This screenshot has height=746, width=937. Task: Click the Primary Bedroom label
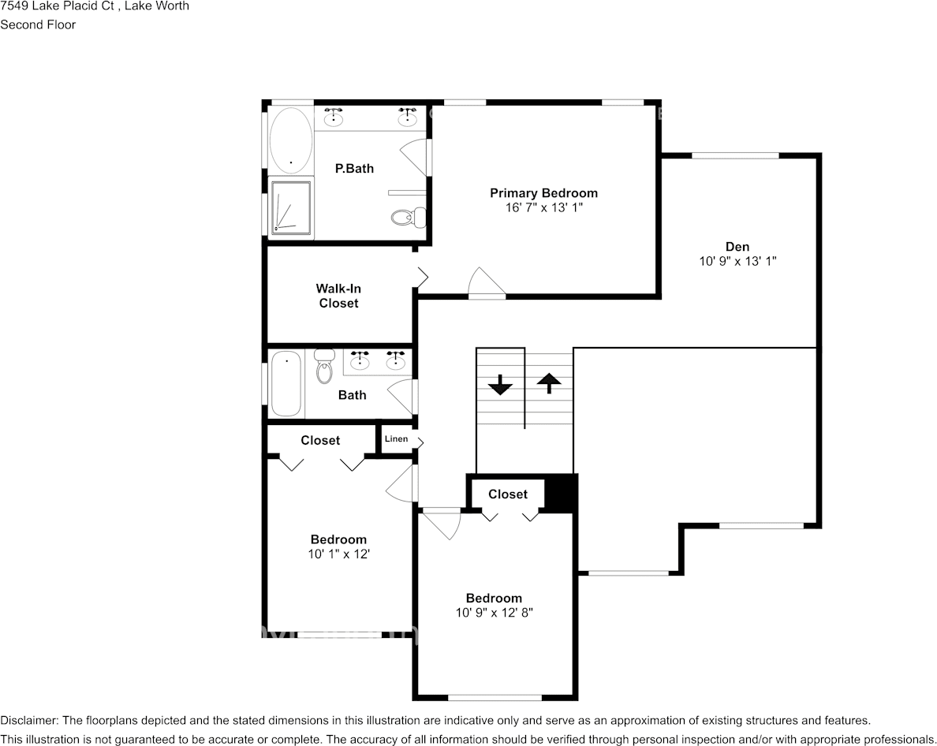click(x=543, y=193)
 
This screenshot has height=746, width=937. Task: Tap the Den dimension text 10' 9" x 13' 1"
click(x=737, y=262)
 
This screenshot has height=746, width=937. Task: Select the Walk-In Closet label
click(x=338, y=297)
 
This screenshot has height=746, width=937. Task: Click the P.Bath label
click(x=354, y=169)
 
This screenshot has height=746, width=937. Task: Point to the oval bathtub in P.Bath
click(x=291, y=140)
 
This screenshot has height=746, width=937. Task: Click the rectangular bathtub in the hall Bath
click(x=286, y=384)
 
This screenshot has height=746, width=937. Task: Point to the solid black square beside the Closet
click(x=562, y=494)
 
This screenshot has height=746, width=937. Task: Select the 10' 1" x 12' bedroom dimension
click(x=338, y=554)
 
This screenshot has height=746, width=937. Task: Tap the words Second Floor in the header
click(x=38, y=24)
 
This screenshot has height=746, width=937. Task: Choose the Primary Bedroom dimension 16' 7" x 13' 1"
click(x=543, y=207)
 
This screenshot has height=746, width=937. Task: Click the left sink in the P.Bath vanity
click(x=334, y=118)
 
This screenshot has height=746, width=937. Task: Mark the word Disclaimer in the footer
click(x=28, y=721)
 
